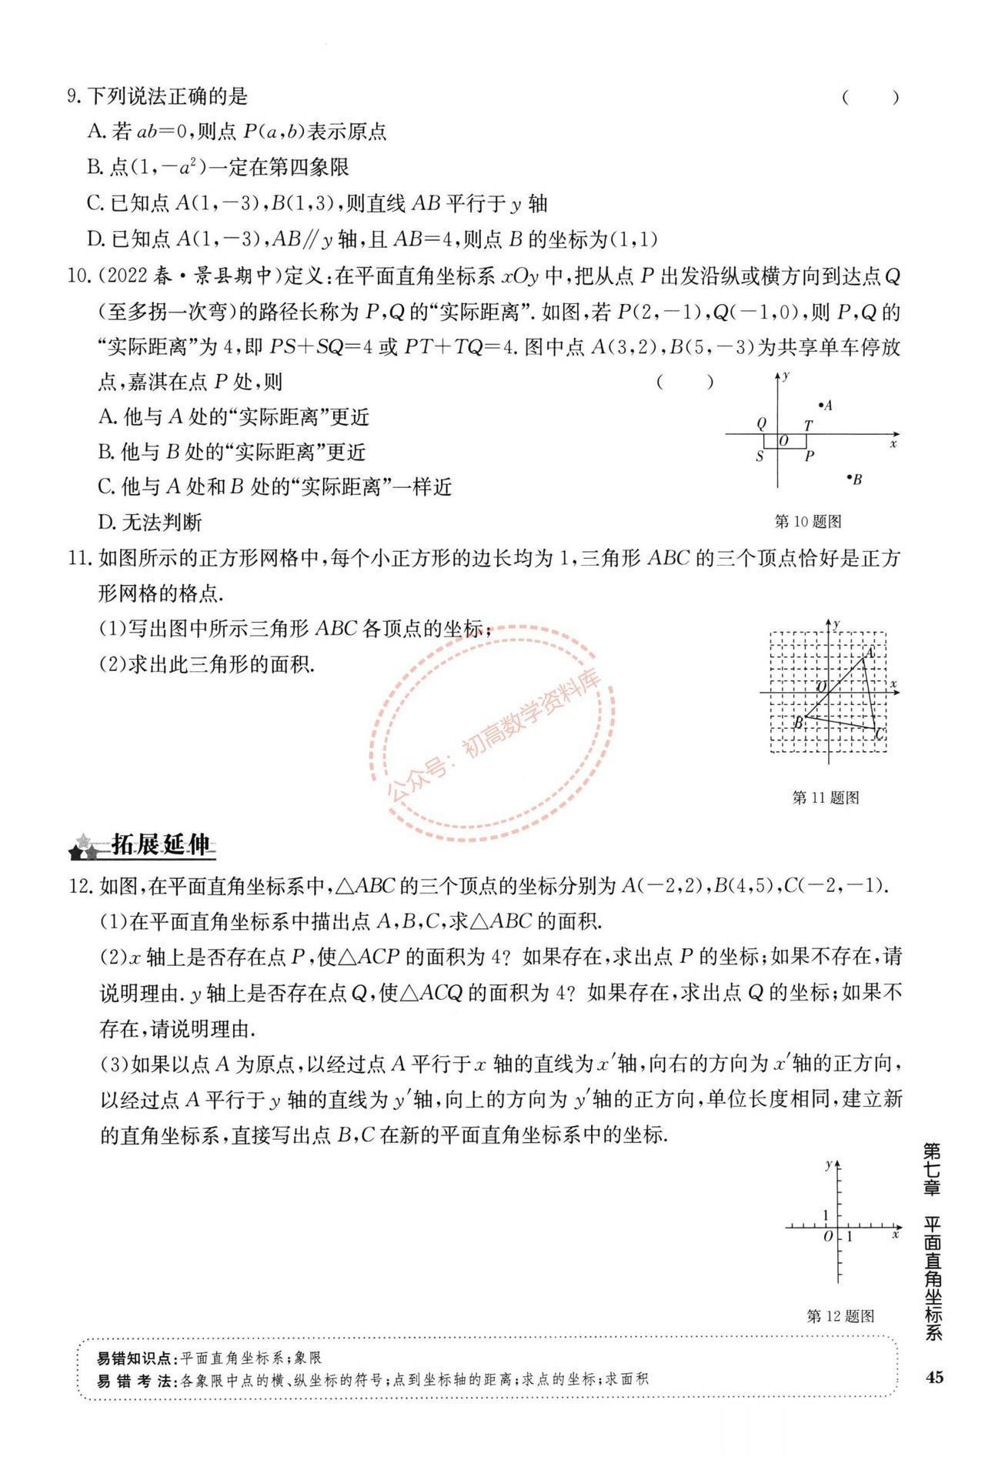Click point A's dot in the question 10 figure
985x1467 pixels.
click(820, 404)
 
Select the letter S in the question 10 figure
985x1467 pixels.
click(760, 456)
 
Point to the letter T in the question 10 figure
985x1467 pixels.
click(808, 425)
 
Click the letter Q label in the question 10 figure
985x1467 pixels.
click(762, 423)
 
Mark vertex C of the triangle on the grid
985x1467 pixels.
click(877, 729)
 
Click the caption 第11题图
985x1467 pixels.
click(825, 798)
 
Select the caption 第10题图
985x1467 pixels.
click(807, 522)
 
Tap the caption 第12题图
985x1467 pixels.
click(840, 1316)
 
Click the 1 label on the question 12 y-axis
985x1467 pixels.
click(826, 1215)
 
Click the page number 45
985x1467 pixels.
click(934, 1377)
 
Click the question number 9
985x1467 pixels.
click(75, 97)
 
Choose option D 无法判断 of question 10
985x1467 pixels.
click(150, 523)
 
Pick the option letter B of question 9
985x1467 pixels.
click(95, 168)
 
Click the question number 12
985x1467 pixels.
click(81, 886)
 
